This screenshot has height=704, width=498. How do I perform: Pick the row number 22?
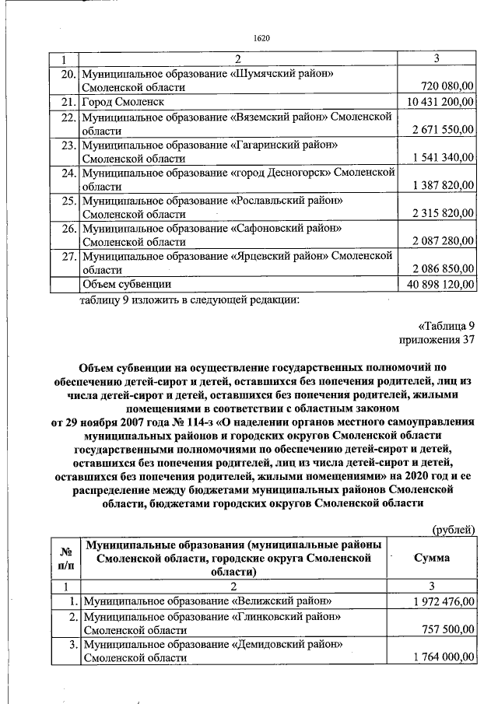pyautogui.click(x=67, y=117)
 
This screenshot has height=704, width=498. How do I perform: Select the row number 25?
pyautogui.click(x=67, y=201)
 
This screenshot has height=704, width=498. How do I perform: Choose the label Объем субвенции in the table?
pyautogui.click(x=127, y=284)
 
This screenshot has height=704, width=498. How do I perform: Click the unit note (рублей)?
pyautogui.click(x=453, y=529)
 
